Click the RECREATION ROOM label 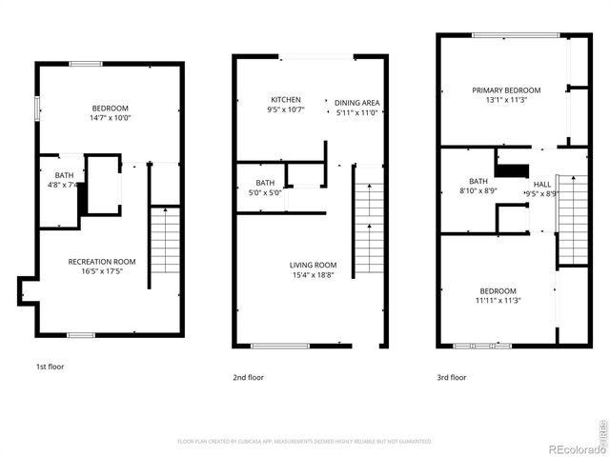pyautogui.click(x=101, y=261)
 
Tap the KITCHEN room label pyautogui.click(x=286, y=99)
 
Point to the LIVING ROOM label pyautogui.click(x=314, y=265)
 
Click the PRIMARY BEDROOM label pyautogui.click(x=506, y=90)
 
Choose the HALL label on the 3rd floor pyautogui.click(x=541, y=184)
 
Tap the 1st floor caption pyautogui.click(x=50, y=366)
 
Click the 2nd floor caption pyautogui.click(x=249, y=377)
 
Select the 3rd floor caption pyautogui.click(x=452, y=377)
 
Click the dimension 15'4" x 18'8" pyautogui.click(x=314, y=275)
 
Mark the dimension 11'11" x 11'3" pyautogui.click(x=498, y=301)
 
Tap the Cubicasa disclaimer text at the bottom pyautogui.click(x=305, y=441)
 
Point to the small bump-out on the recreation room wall pyautogui.click(x=26, y=291)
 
